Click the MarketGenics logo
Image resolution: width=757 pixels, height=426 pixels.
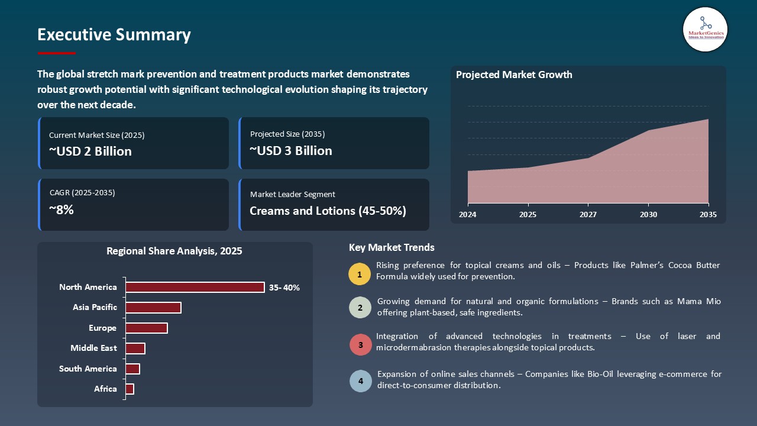point(705,29)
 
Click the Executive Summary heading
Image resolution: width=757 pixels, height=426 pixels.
point(114,35)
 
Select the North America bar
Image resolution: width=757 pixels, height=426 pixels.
point(195,287)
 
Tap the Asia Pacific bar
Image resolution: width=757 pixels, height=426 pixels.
point(153,308)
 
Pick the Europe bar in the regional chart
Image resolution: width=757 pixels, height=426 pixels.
point(147,328)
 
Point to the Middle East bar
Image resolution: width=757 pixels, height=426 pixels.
point(135,348)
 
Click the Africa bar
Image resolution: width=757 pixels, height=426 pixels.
point(130,389)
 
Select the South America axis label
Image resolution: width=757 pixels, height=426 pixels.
point(88,369)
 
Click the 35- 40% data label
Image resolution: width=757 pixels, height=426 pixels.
point(284,288)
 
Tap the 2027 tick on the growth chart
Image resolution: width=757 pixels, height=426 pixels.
point(587,215)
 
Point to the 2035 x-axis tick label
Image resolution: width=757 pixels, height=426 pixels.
point(708,215)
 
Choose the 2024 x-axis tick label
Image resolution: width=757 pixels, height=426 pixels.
point(468,215)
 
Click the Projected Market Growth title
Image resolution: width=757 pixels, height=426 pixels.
point(514,75)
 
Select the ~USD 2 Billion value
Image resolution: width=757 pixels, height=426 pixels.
point(90,151)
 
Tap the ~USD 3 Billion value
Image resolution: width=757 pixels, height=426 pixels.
point(291,151)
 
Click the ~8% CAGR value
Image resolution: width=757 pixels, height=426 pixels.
point(61,209)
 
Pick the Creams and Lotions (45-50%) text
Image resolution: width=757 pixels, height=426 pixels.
point(328,211)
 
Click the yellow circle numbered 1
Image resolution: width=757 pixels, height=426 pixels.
point(360,274)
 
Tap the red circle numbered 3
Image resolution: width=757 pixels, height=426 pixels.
point(360,344)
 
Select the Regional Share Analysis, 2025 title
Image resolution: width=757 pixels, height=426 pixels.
point(174,251)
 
